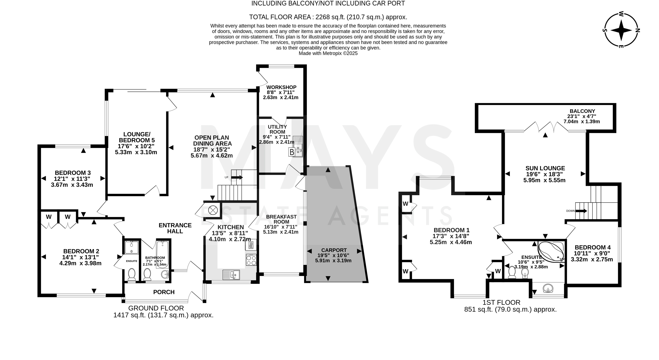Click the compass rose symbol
point(621,30)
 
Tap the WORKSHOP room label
point(281,87)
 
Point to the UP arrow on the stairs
point(237,177)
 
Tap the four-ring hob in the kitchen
point(251,260)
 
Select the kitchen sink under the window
point(231,275)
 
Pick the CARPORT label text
point(334,250)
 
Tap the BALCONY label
point(582,111)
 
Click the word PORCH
point(164,292)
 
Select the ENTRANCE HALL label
point(175,228)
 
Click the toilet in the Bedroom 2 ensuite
point(132,275)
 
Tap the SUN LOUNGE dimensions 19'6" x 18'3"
point(545,174)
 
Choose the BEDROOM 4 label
point(593,247)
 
